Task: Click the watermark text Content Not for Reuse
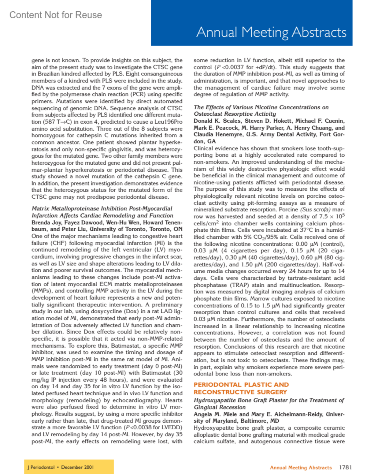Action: [x=56, y=15]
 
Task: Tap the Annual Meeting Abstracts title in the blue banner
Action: [x=271, y=32]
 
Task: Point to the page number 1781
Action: [x=345, y=467]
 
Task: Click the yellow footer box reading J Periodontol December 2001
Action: [x=69, y=467]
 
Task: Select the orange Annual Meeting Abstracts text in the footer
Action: [x=301, y=468]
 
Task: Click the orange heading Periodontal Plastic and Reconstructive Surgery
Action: [x=241, y=388]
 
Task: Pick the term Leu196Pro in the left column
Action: [x=169, y=122]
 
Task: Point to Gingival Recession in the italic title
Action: [x=220, y=407]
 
